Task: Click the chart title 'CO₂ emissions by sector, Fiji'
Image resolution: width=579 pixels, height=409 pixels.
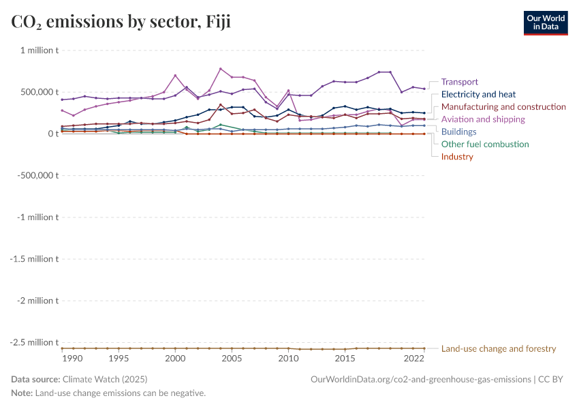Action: click(121, 22)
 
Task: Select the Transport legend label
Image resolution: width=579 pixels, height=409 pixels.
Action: click(459, 82)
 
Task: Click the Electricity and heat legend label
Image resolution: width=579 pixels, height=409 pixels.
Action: click(478, 95)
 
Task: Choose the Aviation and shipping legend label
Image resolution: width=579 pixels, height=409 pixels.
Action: click(484, 119)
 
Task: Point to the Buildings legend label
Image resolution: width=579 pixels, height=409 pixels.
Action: click(458, 132)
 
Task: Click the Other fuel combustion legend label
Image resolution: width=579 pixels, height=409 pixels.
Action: click(485, 145)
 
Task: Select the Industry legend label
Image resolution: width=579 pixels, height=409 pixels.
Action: click(457, 157)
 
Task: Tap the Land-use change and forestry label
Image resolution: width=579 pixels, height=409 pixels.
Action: click(499, 348)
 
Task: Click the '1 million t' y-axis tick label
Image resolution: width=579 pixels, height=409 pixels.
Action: click(39, 50)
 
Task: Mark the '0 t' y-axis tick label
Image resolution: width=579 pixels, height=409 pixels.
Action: click(52, 134)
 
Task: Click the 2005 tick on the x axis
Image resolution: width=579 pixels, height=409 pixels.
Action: click(232, 359)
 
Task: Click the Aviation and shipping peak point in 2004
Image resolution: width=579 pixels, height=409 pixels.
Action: click(221, 69)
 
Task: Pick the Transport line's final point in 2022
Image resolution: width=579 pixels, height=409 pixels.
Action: click(424, 89)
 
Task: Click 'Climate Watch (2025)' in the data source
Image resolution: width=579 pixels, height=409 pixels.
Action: click(105, 379)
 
